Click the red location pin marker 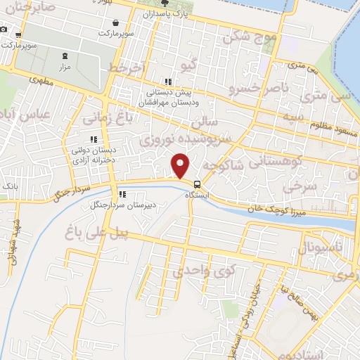pos(181,167)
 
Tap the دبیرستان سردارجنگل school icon pos(122,195)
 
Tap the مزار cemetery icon pos(65,56)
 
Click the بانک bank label pos(10,185)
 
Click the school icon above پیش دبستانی pos(167,81)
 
